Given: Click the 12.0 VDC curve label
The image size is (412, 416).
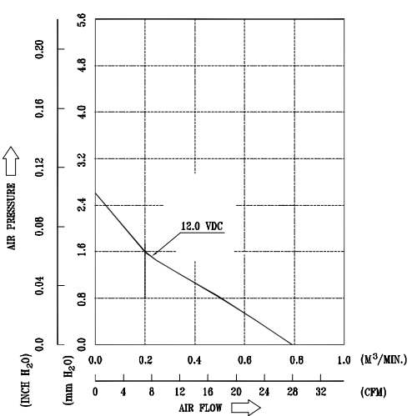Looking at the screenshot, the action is click(202, 226).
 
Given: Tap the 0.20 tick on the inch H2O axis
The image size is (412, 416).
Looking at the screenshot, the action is click(39, 49).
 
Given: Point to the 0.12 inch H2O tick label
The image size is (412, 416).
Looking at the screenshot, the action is click(39, 168).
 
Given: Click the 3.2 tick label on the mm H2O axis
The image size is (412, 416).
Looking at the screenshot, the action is click(82, 159).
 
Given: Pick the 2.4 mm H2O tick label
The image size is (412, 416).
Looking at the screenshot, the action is click(82, 205).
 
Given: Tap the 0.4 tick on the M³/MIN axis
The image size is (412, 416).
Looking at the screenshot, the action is click(194, 360).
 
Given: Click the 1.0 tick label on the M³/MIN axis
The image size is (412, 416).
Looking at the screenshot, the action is click(344, 360).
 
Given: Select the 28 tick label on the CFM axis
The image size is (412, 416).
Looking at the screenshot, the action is click(293, 392).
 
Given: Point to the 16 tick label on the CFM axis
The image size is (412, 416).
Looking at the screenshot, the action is click(208, 392).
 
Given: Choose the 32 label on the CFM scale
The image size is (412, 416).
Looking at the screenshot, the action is click(320, 392).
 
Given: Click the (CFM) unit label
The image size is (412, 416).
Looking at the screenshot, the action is click(374, 392).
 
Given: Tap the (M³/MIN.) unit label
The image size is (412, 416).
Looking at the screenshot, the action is click(384, 359).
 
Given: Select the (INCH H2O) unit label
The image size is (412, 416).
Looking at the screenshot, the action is click(25, 379).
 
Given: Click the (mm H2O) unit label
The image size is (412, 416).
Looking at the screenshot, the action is click(68, 379).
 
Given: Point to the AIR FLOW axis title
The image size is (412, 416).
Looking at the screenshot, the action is click(200, 408).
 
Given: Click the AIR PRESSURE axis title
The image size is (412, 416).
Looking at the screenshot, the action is click(11, 217).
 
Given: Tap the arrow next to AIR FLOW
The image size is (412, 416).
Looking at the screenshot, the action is click(246, 408).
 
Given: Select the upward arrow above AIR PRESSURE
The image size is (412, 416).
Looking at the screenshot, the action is click(11, 161).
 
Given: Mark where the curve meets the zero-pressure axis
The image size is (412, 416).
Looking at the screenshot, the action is click(291, 344).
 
